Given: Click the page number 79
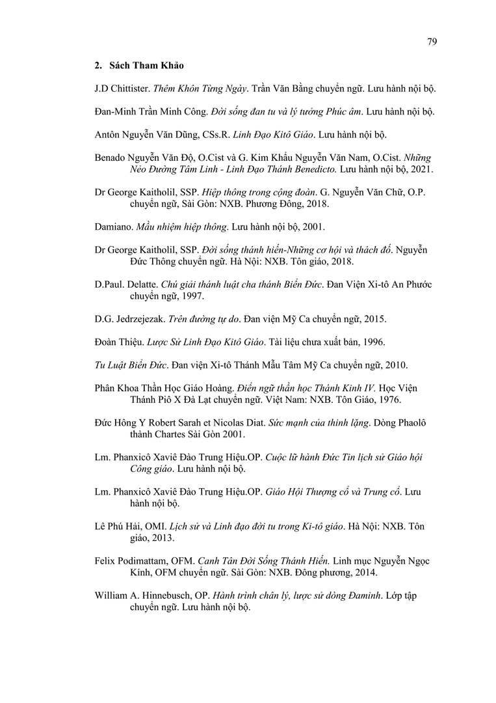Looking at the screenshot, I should click(x=432, y=42).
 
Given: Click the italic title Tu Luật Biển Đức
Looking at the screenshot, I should click(x=131, y=365).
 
